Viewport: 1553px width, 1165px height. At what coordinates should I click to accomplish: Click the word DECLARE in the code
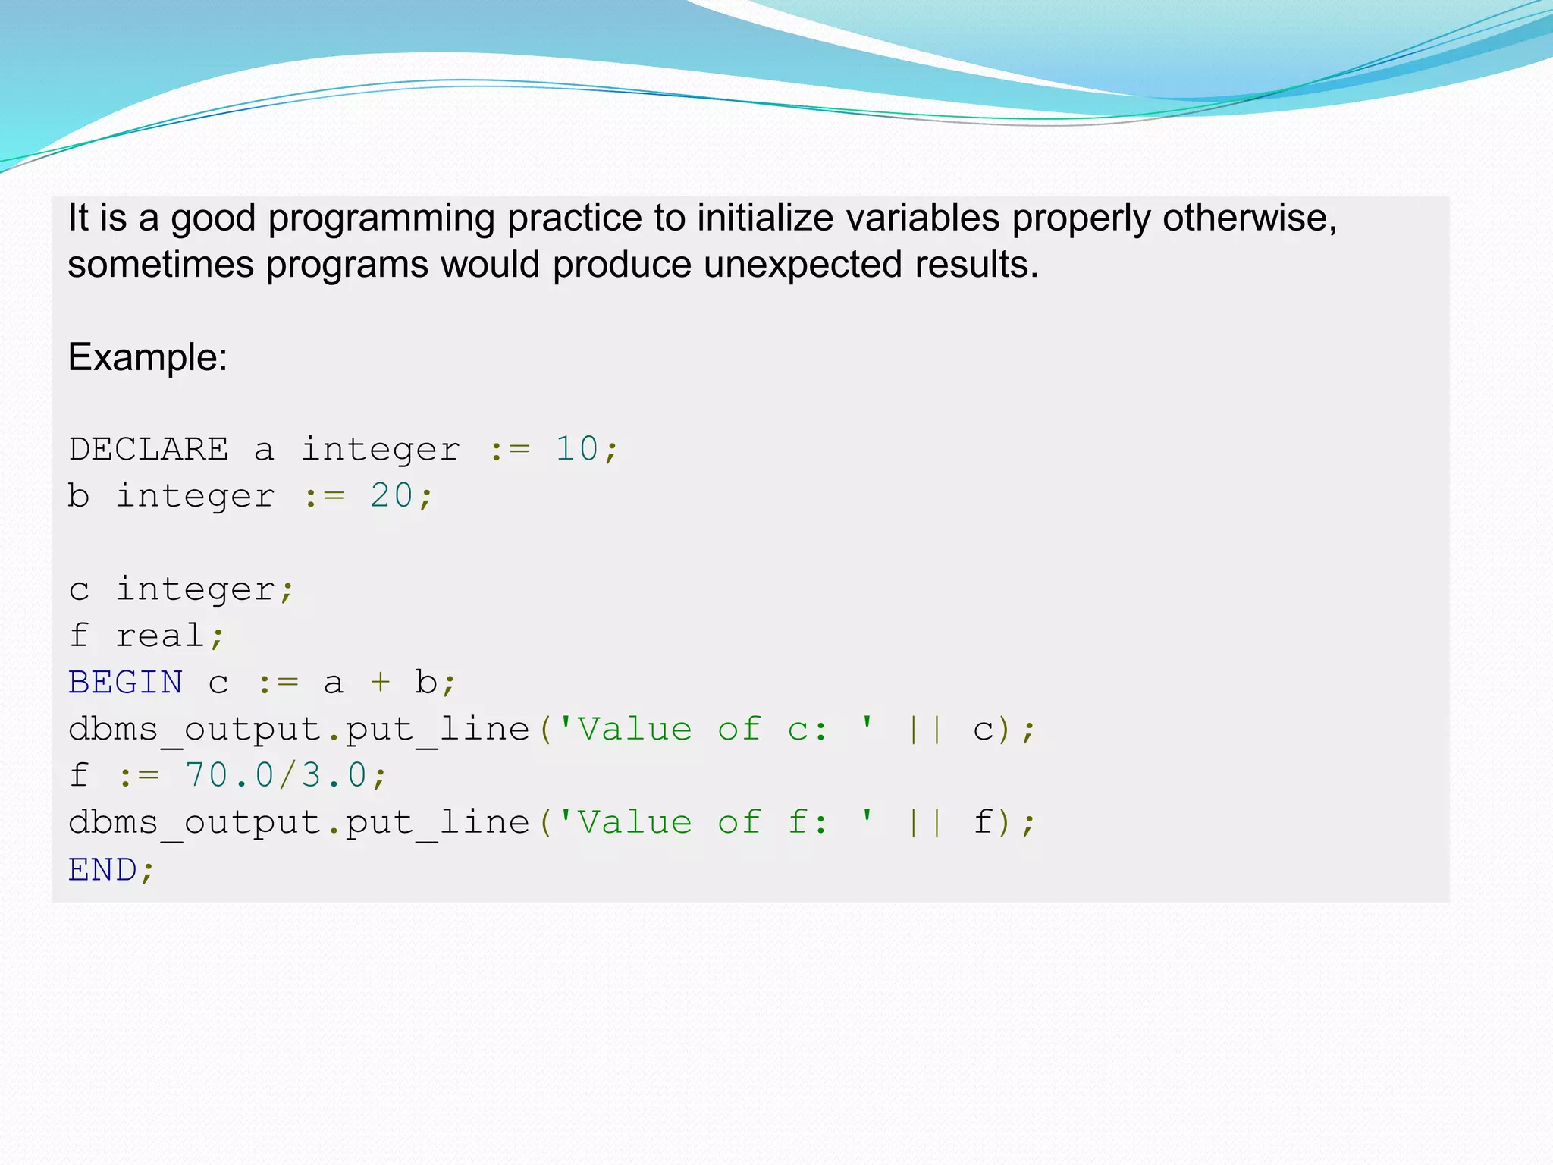(149, 449)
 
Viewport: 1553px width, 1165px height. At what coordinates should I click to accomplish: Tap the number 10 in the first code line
(577, 449)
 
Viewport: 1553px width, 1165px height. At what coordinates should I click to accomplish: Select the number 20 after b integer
(391, 496)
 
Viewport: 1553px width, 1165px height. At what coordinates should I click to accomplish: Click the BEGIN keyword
(126, 683)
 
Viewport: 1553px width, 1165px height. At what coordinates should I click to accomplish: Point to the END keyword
(103, 869)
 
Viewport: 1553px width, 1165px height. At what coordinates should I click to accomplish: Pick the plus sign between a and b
(380, 683)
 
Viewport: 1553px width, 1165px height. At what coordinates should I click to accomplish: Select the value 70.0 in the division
(218, 776)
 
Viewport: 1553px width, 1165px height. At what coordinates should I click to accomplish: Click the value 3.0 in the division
(334, 776)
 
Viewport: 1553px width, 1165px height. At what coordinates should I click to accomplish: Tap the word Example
(147, 357)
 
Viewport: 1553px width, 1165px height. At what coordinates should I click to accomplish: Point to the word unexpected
(802, 265)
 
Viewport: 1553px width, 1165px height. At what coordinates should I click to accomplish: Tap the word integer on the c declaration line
(196, 589)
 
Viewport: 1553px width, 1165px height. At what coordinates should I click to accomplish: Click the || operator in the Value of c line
(926, 730)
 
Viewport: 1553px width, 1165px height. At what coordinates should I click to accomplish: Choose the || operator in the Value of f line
(926, 823)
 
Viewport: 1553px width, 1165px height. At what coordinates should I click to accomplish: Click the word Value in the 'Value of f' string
(635, 823)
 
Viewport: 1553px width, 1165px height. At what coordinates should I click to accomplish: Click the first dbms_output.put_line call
(300, 730)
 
